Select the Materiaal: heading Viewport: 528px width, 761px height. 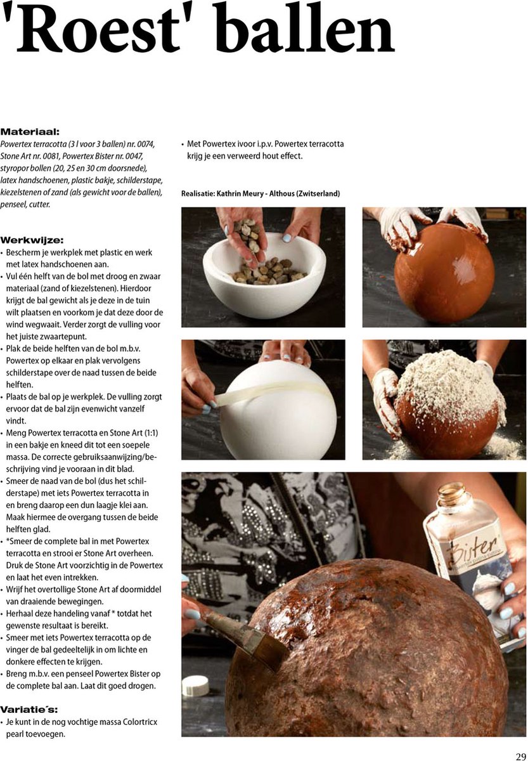[x=30, y=132]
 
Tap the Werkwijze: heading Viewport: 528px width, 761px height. [x=32, y=240]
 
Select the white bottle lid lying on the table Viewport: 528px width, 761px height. [x=195, y=685]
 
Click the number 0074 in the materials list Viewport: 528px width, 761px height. [x=143, y=144]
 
